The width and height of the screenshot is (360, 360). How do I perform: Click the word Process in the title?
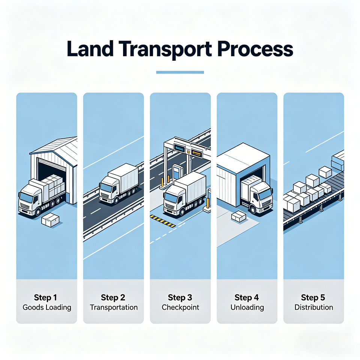click(255, 49)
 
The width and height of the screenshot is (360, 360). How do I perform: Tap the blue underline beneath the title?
click(180, 72)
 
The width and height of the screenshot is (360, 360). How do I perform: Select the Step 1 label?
click(45, 297)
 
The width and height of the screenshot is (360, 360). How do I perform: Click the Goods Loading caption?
click(47, 307)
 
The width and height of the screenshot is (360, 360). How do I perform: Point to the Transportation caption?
click(114, 307)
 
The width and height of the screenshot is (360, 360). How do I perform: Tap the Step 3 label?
click(180, 297)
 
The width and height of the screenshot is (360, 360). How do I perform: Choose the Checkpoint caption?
click(180, 307)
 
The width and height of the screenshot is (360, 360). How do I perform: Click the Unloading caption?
click(247, 307)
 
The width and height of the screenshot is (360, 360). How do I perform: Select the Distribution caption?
click(313, 307)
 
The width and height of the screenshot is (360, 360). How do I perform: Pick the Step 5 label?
click(313, 297)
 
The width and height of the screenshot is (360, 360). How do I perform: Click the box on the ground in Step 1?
click(50, 220)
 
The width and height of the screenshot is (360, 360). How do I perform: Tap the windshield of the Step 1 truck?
click(26, 197)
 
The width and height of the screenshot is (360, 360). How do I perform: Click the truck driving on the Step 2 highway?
click(119, 184)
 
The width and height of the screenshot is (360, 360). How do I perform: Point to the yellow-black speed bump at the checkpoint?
click(162, 221)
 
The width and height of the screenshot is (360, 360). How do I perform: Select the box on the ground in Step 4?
click(239, 216)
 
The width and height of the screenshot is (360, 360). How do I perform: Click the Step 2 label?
click(113, 297)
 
